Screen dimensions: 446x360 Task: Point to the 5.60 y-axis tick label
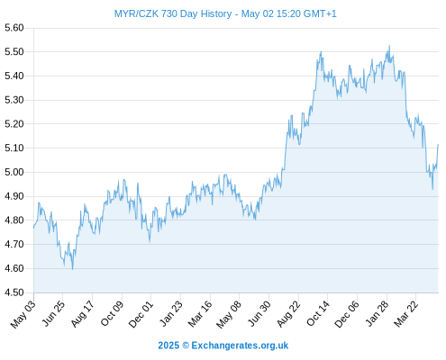14,28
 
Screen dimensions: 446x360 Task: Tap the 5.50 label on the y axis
14,52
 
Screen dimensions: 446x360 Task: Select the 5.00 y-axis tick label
14,172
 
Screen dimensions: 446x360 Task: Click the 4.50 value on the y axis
14,292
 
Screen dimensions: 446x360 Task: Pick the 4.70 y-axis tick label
14,244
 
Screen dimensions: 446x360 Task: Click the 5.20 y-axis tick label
14,124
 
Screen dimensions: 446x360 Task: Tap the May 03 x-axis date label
23,314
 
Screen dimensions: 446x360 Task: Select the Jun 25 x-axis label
52,314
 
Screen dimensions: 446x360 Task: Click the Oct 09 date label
112,314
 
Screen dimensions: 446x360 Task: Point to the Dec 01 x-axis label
141,314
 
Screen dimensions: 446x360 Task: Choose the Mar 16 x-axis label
200,314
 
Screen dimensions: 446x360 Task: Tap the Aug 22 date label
288,314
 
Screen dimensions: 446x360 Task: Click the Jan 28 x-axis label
377,314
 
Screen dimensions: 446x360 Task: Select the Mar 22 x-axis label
405,314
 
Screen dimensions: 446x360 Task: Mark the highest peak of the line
389,46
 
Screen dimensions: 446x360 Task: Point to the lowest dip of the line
72,269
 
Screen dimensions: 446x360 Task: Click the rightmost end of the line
438,145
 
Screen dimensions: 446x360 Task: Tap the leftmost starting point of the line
33,228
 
